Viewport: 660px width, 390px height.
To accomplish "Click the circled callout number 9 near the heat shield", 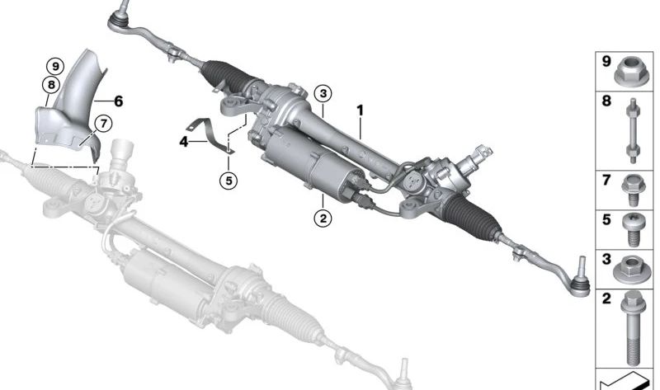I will tap(54, 66).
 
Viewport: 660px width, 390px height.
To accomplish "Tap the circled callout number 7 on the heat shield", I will tap(102, 123).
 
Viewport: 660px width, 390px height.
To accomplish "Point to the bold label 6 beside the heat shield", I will tap(118, 101).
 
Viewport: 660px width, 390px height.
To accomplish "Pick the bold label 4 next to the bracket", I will tap(184, 142).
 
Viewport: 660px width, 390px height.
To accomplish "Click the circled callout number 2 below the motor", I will tap(323, 218).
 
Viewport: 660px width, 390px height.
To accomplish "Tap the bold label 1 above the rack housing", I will tap(360, 109).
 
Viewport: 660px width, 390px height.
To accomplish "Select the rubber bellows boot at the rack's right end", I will tap(469, 215).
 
